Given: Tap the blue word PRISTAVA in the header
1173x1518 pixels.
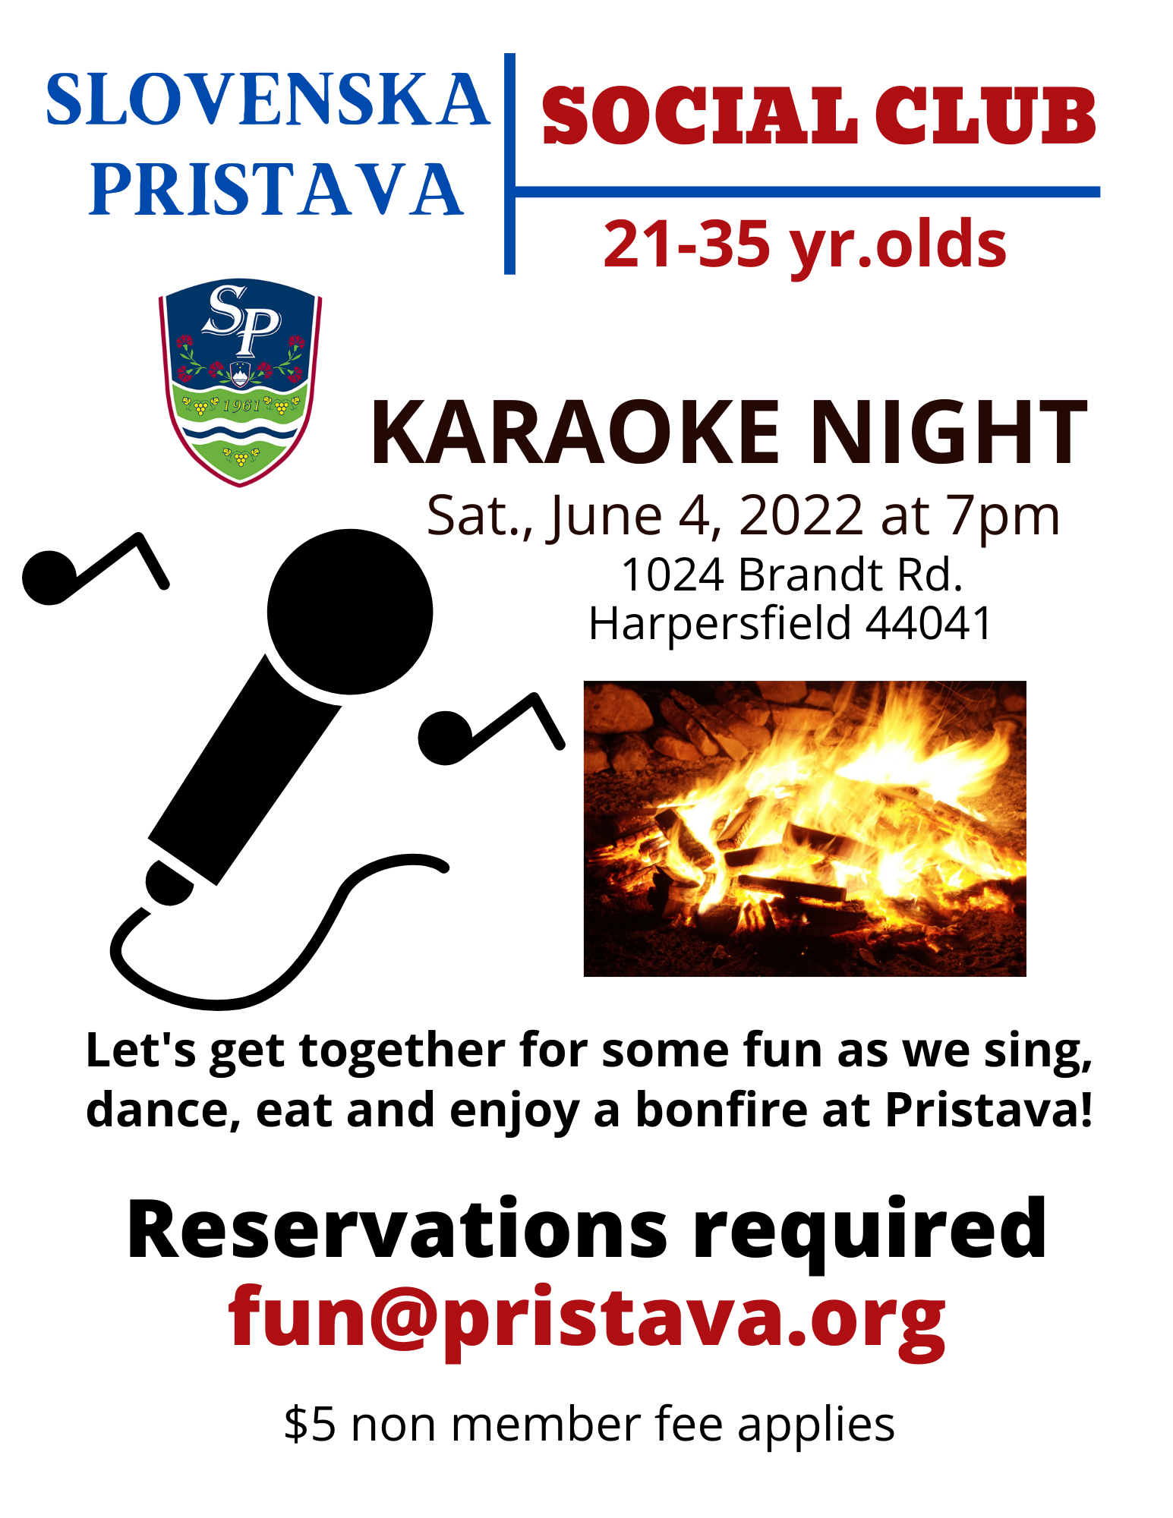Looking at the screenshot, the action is coord(276,189).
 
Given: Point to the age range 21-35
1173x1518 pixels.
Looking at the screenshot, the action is coord(686,244).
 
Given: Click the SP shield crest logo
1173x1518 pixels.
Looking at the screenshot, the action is coord(240,382).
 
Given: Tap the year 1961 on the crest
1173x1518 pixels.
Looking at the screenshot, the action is coord(241,405).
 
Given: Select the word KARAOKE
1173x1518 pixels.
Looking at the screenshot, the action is coord(575,433).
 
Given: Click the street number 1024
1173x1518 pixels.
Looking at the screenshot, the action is coord(672,575).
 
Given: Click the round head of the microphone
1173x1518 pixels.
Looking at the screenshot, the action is coord(350,612).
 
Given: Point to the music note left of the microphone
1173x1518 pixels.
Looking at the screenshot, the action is coord(95,569).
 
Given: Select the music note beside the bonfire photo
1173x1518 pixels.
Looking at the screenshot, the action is coord(491,729).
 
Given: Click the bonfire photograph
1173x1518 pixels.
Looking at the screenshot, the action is coord(805,829).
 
